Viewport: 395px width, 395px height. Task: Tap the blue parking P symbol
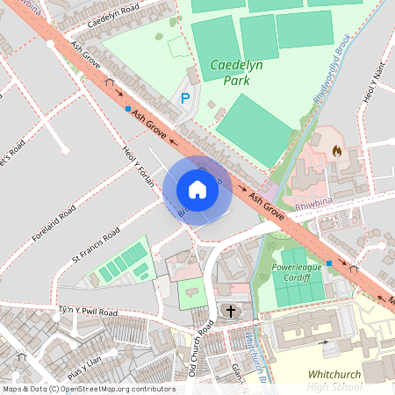pyautogui.click(x=184, y=99)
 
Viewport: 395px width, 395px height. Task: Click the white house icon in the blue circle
pyautogui.click(x=197, y=190)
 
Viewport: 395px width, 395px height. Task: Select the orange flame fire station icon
pyautogui.click(x=336, y=151)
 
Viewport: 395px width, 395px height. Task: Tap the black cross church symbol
pyautogui.click(x=232, y=311)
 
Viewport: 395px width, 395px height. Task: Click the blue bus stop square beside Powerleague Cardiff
pyautogui.click(x=329, y=262)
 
